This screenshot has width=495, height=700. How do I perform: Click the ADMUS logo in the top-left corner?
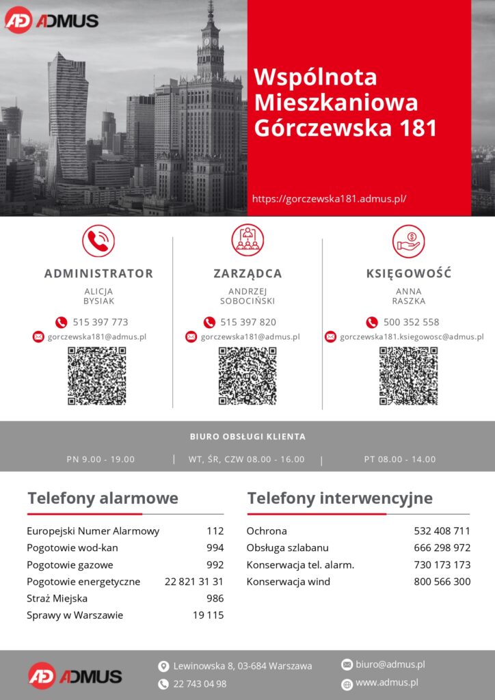point(52,20)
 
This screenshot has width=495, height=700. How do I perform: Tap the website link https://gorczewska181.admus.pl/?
point(330,199)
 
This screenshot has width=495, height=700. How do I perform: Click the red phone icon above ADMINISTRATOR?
point(98,241)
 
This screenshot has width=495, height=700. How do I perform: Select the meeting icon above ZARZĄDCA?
point(247,241)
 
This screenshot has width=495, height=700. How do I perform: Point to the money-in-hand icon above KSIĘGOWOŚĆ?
point(408,241)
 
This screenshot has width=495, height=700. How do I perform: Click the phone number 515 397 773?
point(100,322)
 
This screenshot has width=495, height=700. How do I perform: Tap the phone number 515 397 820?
point(248,322)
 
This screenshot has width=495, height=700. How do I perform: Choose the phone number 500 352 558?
point(411,322)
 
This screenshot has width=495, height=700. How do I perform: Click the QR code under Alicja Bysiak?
point(97,376)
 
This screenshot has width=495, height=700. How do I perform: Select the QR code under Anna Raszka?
point(408,376)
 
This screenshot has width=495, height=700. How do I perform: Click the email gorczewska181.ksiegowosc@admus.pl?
point(412,336)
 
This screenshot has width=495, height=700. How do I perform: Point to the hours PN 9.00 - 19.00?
point(101,459)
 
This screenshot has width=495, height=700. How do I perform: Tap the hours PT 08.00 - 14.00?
point(399,459)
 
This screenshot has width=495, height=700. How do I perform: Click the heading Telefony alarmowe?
point(103,498)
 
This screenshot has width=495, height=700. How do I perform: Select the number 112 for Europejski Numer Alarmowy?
point(215,531)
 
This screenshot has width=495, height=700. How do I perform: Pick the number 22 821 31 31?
point(194,582)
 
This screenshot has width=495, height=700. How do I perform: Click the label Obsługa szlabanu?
point(287,548)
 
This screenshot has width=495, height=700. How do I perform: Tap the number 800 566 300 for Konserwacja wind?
point(442,582)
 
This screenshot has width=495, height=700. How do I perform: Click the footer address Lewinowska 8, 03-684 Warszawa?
point(243,666)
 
